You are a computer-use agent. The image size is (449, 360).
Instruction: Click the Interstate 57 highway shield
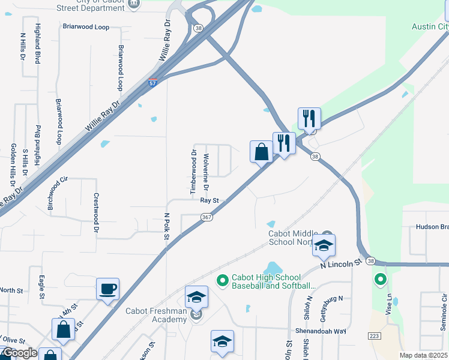coord(153,83)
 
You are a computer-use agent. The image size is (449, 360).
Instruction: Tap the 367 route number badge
coord(207,217)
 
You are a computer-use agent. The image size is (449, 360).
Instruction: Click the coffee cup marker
coord(108,289)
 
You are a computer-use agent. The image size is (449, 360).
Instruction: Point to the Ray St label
coord(208,201)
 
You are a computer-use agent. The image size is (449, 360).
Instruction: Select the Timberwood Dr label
coord(194,172)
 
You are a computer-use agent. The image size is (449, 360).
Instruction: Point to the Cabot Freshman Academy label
coord(156,315)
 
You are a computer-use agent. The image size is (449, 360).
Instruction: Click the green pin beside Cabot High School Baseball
coord(222,280)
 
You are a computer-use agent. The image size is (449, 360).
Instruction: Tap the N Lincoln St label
coord(342,263)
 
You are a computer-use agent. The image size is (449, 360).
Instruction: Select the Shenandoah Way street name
coord(321,331)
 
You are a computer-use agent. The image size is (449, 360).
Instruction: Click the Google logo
coord(19,353)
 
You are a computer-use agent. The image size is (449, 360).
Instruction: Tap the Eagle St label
coord(42,287)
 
